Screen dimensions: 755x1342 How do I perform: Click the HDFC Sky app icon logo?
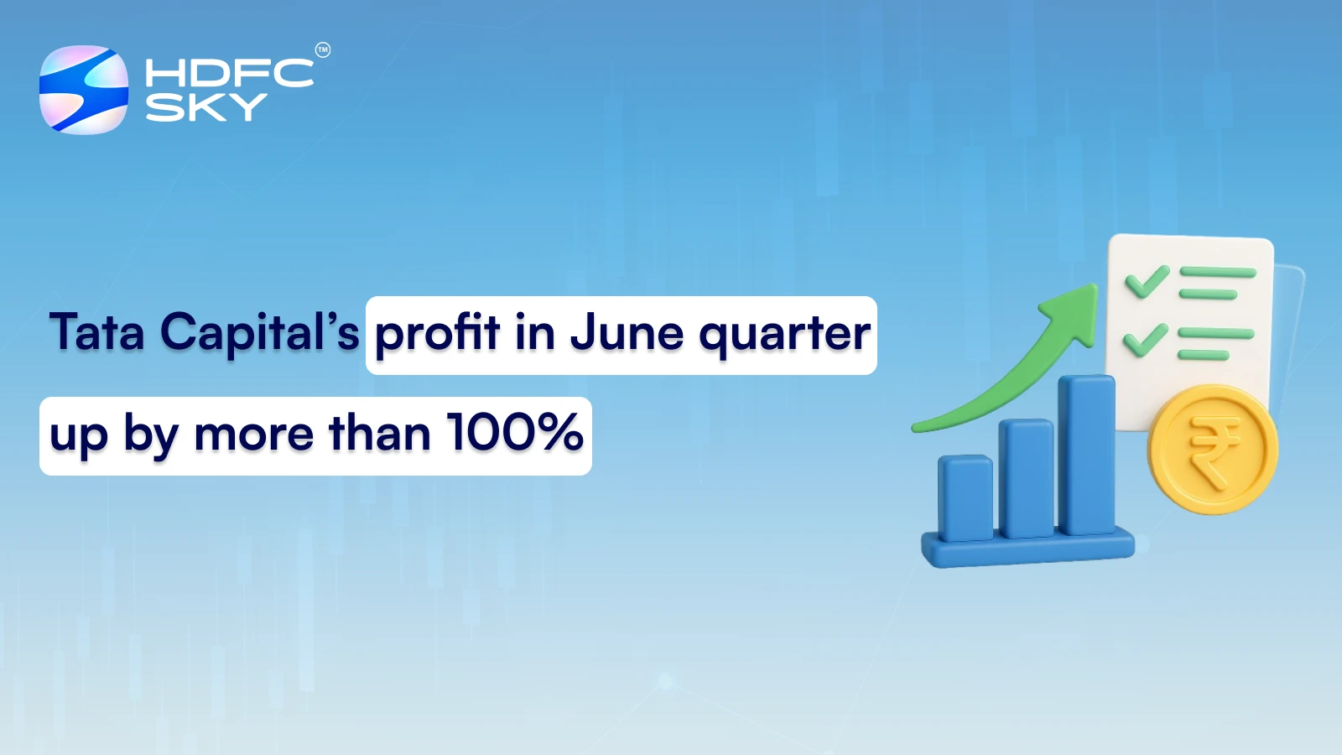coord(84,90)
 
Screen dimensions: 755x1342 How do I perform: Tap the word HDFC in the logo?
coord(229,73)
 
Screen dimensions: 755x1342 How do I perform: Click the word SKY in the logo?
coord(205,107)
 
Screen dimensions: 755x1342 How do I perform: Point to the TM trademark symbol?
coord(323,50)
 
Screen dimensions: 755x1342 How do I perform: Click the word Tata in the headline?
coord(97,332)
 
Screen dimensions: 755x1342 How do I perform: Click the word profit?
coord(437,334)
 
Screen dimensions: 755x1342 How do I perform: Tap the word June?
coord(627,334)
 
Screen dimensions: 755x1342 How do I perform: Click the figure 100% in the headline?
coord(514,434)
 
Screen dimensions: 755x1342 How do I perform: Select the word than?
coord(379,434)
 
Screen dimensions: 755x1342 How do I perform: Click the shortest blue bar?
coord(965,498)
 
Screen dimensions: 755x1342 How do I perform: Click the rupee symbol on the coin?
coord(1212,450)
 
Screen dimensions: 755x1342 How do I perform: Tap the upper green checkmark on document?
coord(1147,281)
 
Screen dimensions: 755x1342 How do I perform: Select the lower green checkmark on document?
coord(1145,340)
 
